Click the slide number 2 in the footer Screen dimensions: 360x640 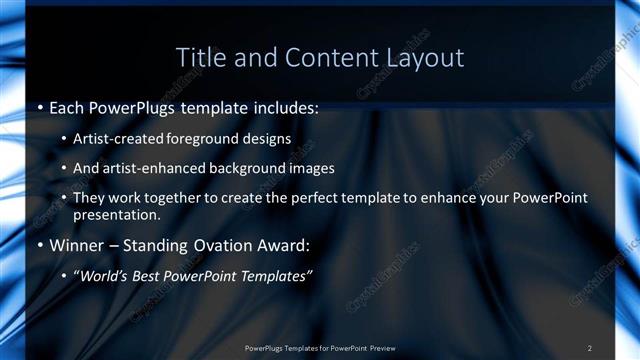590,348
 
